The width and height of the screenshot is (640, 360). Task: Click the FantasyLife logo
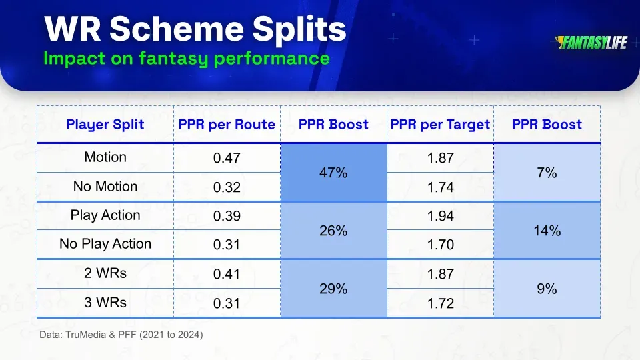point(591,43)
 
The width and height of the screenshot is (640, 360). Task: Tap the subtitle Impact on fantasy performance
point(186,58)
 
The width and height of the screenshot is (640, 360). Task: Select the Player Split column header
point(105,124)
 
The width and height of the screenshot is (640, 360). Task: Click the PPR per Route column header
point(227,124)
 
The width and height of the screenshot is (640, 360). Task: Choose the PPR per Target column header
point(440,124)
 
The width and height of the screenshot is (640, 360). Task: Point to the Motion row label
point(105,157)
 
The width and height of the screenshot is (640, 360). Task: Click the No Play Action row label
point(105,244)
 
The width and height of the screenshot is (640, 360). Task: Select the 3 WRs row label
point(105,302)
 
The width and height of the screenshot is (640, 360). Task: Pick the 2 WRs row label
point(105,273)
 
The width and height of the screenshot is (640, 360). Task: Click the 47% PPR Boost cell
point(333,173)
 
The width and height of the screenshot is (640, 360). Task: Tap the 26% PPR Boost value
point(333,231)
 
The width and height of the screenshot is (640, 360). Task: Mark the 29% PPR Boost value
point(333,289)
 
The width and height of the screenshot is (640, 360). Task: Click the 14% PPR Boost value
point(547,231)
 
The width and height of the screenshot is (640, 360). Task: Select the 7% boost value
point(547,173)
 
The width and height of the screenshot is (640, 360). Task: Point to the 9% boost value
point(547,289)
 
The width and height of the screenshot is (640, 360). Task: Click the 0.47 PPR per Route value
point(227,159)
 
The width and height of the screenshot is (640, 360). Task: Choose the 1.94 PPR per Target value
point(440,216)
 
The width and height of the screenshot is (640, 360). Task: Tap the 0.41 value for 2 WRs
point(227,274)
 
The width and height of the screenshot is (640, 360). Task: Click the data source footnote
point(121,335)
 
